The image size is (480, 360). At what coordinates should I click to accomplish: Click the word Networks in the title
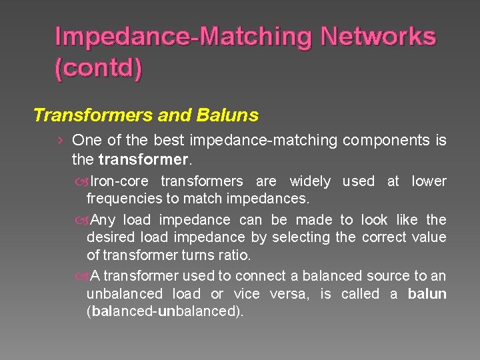point(378,37)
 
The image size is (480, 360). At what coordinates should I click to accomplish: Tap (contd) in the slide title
point(98,69)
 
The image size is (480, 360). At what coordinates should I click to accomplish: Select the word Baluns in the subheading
point(227,115)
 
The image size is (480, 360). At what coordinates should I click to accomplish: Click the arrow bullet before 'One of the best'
point(61,141)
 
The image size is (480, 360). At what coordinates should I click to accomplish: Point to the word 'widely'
point(309,181)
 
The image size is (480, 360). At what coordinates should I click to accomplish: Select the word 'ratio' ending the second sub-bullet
point(237,255)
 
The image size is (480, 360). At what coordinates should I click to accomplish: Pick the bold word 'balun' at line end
point(427,294)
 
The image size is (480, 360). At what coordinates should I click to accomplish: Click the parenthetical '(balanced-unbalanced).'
point(165,311)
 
